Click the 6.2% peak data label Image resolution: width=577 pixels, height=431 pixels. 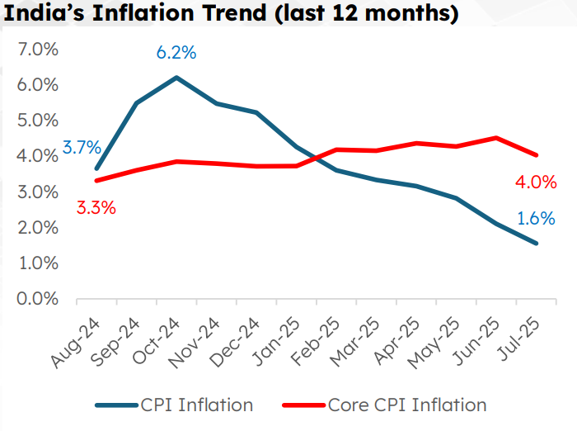coord(176,53)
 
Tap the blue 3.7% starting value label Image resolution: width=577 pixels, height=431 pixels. coord(82,149)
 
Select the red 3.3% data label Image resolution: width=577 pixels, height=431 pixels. coord(96,207)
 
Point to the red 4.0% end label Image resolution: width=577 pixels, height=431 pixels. coord(537,182)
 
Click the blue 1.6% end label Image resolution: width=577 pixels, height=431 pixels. coord(537,219)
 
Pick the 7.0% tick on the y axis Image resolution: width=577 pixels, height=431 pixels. coord(37,50)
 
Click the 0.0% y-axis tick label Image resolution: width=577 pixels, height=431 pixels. coord(37,298)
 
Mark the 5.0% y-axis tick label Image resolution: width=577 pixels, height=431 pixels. coord(37,121)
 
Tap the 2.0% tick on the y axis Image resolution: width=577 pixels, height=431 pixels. coord(37,227)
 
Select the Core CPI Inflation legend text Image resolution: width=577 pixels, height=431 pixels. coord(407,405)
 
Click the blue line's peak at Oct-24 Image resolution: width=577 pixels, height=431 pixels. coord(176,78)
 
